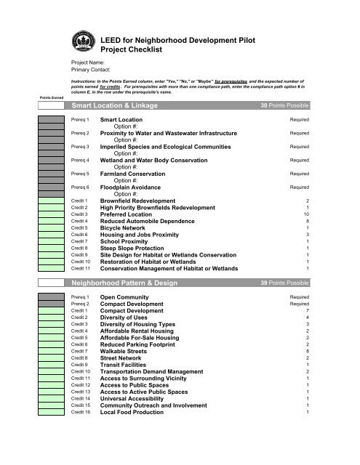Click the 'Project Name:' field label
tap(88, 64)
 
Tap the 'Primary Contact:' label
tap(91, 71)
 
